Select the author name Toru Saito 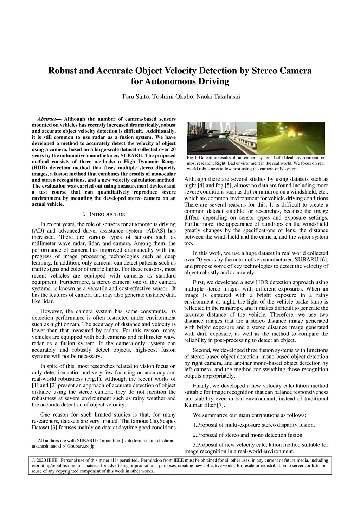135,97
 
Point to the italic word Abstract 47,119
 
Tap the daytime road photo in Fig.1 221,138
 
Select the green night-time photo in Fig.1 291,138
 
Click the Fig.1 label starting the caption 192,158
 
